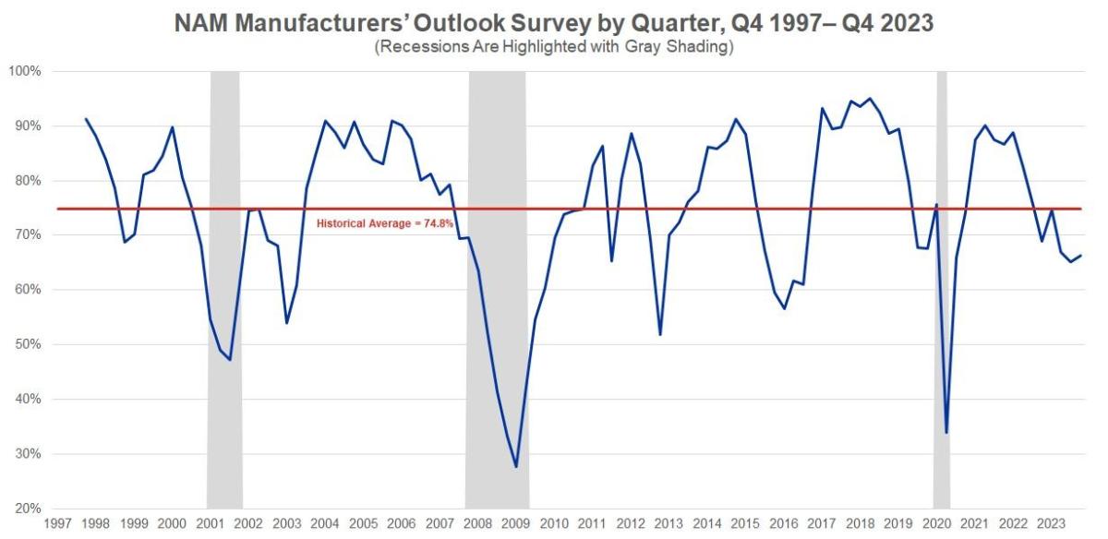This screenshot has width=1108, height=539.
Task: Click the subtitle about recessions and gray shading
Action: tap(554, 48)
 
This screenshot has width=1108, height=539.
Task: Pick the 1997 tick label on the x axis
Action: tap(57, 524)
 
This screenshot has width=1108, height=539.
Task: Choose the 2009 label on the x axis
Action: tap(515, 524)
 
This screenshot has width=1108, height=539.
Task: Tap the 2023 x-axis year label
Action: tap(1051, 524)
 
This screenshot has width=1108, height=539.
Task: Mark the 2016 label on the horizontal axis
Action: tap(783, 524)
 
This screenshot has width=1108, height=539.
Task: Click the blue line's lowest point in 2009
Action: tap(516, 467)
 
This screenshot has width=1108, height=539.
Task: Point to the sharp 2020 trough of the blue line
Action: tap(946, 433)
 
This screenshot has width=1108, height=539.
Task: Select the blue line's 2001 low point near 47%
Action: tap(230, 359)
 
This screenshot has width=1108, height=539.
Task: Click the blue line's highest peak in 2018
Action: tap(869, 99)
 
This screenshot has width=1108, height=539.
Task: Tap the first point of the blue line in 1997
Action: tap(86, 119)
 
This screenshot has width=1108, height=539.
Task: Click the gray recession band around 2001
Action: tap(224, 277)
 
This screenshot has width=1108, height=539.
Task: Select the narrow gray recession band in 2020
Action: tap(942, 277)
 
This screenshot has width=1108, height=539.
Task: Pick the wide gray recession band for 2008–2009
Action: tap(497, 277)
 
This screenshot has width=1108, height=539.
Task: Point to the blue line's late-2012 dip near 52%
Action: tap(660, 334)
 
